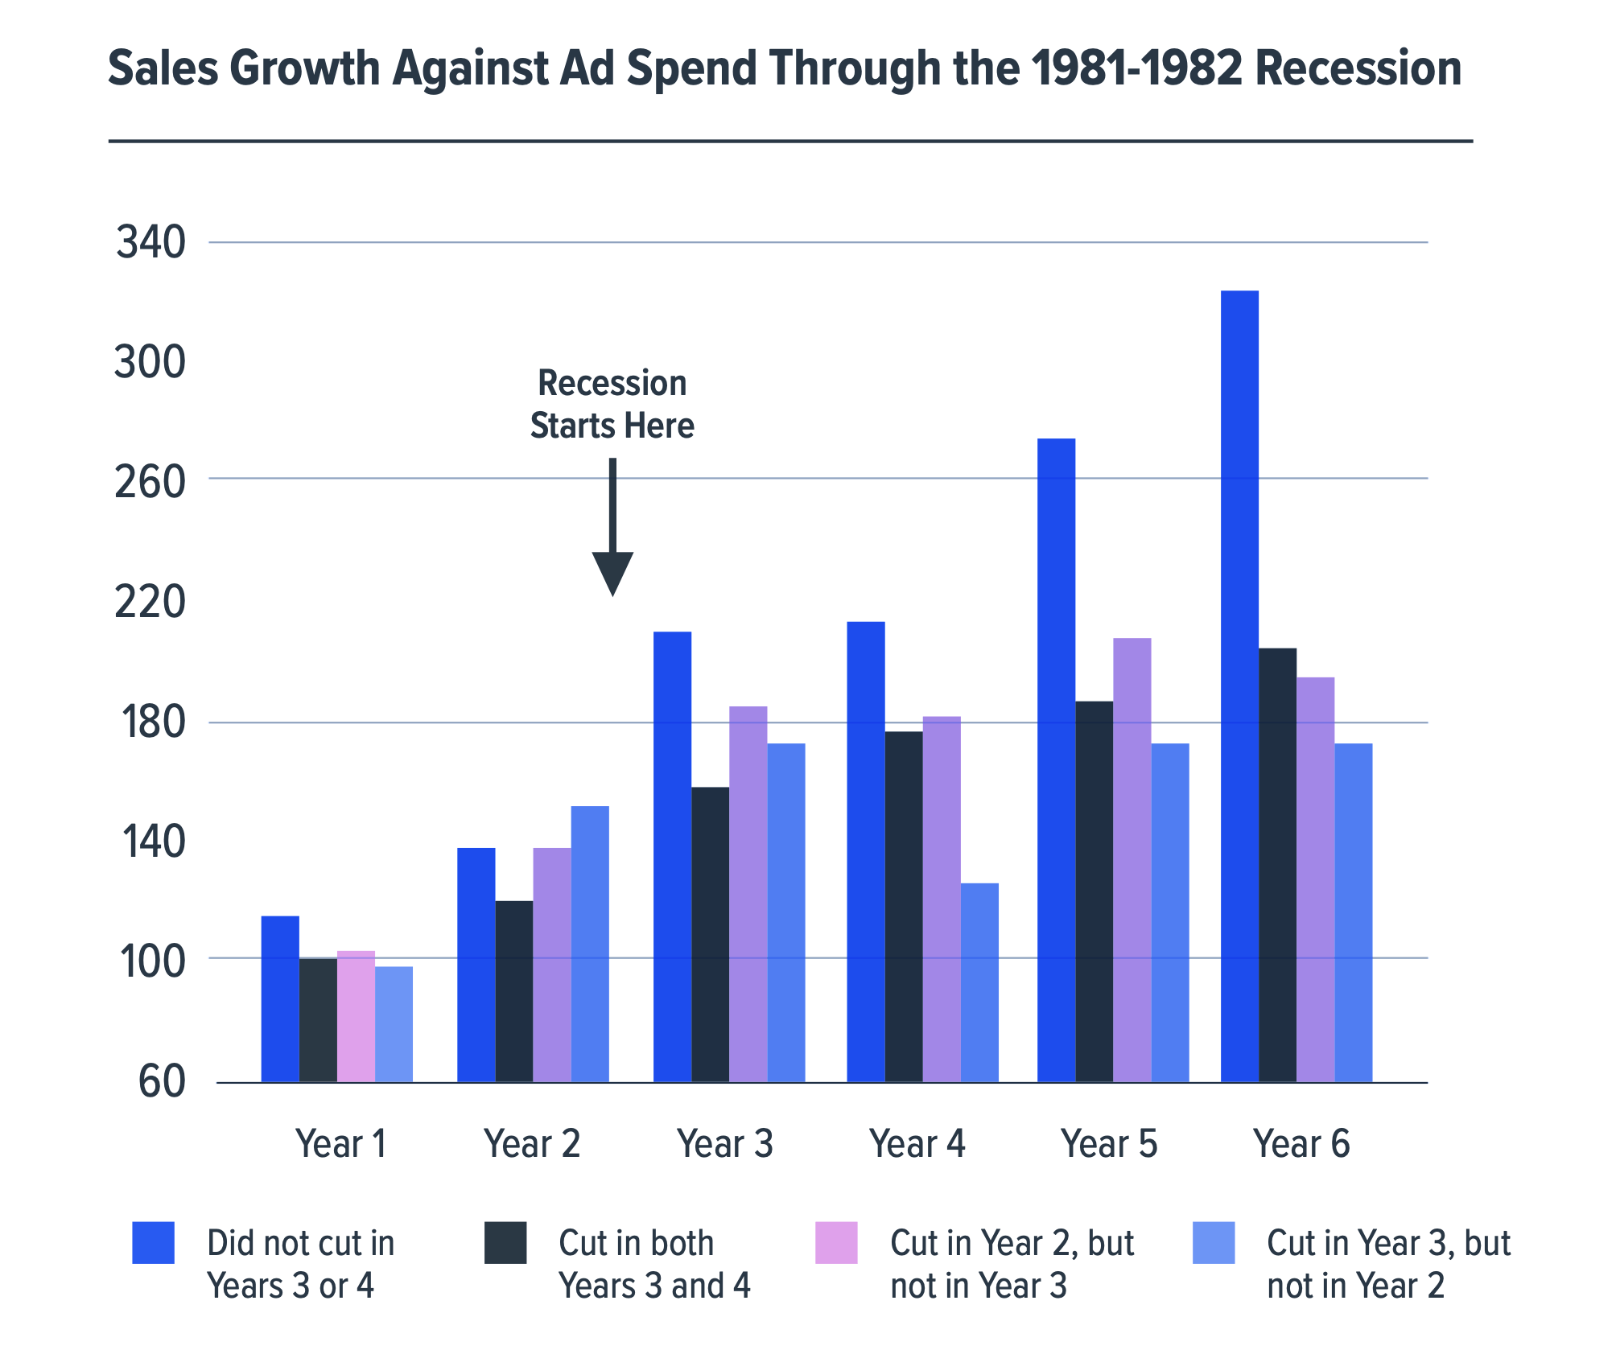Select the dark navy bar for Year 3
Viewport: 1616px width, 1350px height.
710,933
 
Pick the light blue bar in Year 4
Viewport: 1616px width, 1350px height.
979,982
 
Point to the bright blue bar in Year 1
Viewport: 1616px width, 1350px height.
280,998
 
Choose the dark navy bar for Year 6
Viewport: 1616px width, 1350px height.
1277,864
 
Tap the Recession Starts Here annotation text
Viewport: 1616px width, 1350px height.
612,404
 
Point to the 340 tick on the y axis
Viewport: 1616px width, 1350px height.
150,242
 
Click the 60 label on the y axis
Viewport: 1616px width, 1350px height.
161,1082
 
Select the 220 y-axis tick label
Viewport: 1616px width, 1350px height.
150,602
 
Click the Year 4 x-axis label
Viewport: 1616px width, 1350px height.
917,1143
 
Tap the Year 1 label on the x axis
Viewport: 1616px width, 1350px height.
341,1143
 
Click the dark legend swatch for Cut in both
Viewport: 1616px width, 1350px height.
505,1243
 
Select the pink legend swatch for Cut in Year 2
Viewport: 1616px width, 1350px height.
836,1243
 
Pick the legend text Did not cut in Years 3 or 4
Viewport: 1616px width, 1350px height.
300,1264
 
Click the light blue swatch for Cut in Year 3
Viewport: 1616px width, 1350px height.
1214,1243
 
